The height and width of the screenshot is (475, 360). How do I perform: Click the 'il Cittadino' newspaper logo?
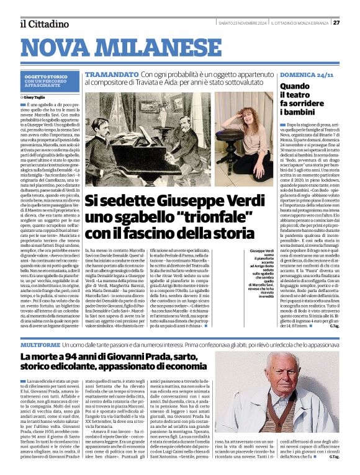44,24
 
